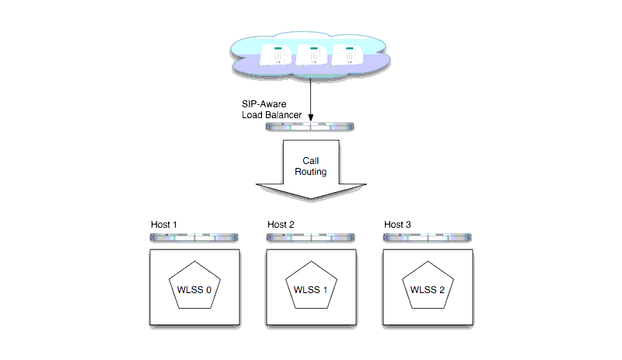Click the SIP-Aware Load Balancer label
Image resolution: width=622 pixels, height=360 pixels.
tap(271, 110)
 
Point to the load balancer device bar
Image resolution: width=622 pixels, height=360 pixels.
tap(311, 125)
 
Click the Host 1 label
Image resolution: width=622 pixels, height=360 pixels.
tap(164, 225)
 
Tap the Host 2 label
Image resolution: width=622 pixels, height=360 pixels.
tap(281, 225)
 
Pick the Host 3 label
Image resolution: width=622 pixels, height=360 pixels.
tap(397, 225)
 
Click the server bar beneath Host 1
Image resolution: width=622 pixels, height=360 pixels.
tap(194, 236)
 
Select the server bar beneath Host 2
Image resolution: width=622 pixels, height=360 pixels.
tap(311, 236)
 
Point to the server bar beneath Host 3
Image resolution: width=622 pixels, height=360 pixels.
tap(428, 236)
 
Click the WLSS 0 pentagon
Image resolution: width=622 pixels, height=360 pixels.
tap(194, 290)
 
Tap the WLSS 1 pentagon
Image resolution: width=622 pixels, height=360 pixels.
tap(311, 290)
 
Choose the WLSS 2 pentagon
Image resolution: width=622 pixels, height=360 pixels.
tap(428, 290)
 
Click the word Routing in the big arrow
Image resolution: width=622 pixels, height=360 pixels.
tap(311, 171)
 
